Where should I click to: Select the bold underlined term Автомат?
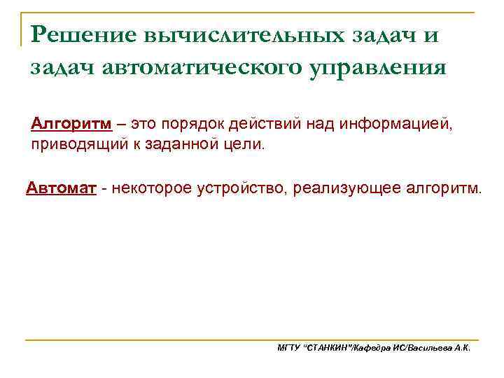[x=61, y=188]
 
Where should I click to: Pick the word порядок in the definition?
[x=196, y=125]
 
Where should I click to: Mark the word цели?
[x=245, y=146]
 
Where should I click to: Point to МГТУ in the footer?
[x=288, y=347]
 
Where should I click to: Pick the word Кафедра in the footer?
[x=377, y=347]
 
